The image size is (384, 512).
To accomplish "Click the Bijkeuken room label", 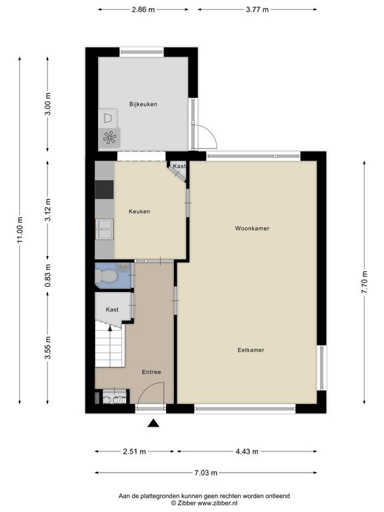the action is click(x=143, y=104).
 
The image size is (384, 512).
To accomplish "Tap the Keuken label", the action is click(x=139, y=211).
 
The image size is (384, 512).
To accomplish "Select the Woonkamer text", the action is click(x=252, y=228).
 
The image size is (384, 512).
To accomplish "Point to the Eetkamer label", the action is click(x=251, y=350).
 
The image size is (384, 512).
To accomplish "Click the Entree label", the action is click(x=151, y=372).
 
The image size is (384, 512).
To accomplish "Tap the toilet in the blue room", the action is click(x=105, y=276).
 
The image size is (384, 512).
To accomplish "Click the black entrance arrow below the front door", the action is click(x=153, y=423).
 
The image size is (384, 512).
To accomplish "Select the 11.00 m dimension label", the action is click(x=20, y=230).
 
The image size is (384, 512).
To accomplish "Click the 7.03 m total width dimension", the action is click(x=206, y=473).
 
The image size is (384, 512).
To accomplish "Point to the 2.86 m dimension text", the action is click(x=143, y=9).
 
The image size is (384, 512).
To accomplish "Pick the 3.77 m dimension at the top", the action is click(x=257, y=9).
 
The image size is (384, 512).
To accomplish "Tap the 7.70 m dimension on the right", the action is click(x=365, y=282).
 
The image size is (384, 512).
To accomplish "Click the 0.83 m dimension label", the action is click(x=48, y=276).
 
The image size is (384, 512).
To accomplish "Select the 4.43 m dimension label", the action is click(x=247, y=451).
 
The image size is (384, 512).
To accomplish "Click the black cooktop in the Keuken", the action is click(x=105, y=189).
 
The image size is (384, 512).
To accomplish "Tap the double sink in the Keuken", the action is click(x=105, y=229).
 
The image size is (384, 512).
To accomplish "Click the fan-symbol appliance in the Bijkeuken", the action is click(x=109, y=138).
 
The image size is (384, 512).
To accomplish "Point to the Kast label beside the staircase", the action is click(x=112, y=309).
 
